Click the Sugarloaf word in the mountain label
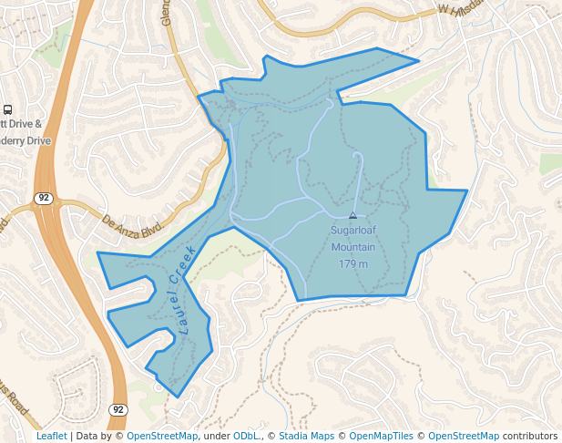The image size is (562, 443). pyautogui.click(x=353, y=231)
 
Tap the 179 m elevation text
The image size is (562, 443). pyautogui.click(x=353, y=264)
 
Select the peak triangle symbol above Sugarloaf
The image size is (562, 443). pyautogui.click(x=353, y=216)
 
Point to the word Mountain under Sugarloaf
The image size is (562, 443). pyautogui.click(x=353, y=247)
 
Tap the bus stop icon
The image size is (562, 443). pyautogui.click(x=8, y=109)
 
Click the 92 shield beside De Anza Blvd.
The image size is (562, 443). pyautogui.click(x=43, y=198)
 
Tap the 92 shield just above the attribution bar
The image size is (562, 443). pyautogui.click(x=118, y=410)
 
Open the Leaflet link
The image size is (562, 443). pyautogui.click(x=51, y=437)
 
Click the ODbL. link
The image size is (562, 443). pyautogui.click(x=246, y=437)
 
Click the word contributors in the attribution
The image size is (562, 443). pyautogui.click(x=530, y=437)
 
